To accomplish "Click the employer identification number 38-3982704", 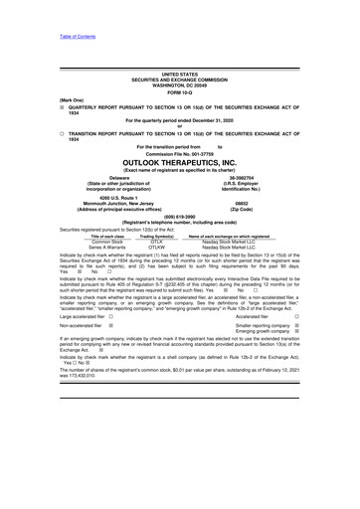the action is pyautogui.click(x=248, y=179).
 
